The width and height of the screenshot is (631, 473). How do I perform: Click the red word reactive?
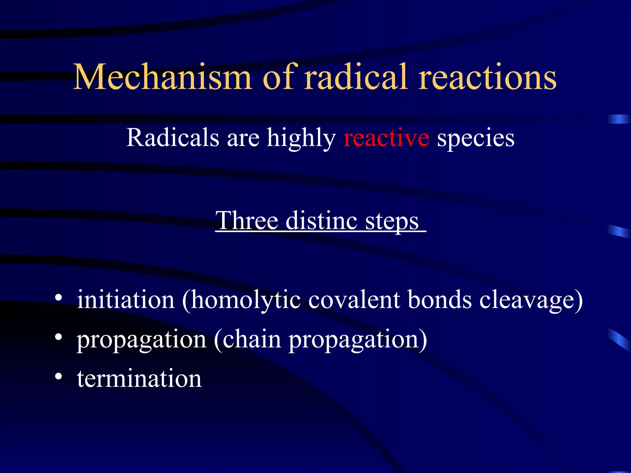point(386,138)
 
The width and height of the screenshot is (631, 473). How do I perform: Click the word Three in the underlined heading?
point(247,220)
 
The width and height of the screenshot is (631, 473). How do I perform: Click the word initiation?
point(126,299)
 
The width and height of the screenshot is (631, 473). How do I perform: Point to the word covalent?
point(354,299)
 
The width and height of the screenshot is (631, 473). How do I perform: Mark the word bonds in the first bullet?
point(440,299)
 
